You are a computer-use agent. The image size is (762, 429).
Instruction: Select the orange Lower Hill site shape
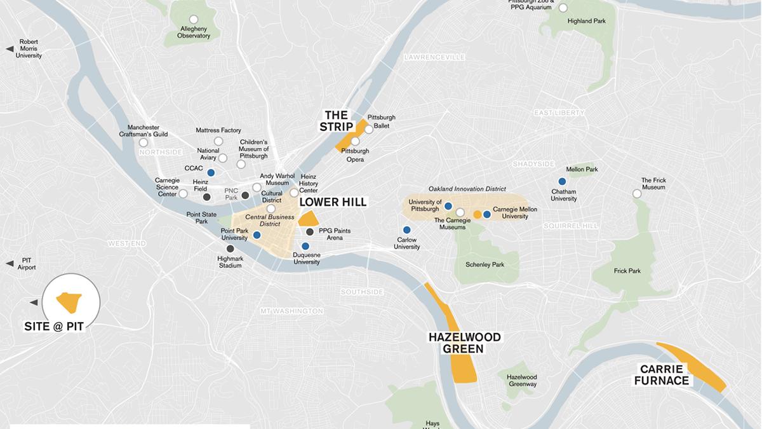pos(309,219)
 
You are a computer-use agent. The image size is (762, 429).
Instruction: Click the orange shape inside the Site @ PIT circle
pos(69,301)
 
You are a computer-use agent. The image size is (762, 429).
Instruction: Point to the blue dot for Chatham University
pos(562,181)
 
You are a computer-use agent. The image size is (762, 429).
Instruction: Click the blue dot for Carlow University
pos(406,229)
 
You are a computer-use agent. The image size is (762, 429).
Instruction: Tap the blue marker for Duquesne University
pos(305,246)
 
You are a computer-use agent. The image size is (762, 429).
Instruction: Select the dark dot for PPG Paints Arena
pos(309,231)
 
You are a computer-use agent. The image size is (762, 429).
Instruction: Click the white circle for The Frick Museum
pos(637,194)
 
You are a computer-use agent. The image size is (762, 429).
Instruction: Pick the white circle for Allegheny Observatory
pos(194,19)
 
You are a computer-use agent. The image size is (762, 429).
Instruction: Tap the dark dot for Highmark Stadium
pos(230,249)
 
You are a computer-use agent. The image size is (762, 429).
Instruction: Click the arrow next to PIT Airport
pos(10,263)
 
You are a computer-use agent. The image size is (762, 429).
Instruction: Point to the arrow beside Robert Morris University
pos(10,49)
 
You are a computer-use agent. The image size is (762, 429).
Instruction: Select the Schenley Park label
pos(485,264)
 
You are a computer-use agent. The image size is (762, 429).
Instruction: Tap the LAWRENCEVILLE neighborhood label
pos(434,57)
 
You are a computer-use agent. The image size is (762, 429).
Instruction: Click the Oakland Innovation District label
pos(467,189)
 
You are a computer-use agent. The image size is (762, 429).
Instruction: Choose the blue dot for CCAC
pos(211,172)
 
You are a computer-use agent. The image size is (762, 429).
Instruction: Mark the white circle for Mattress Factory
pos(218,141)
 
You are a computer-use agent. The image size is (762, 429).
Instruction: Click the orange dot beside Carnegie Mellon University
pos(477,214)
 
